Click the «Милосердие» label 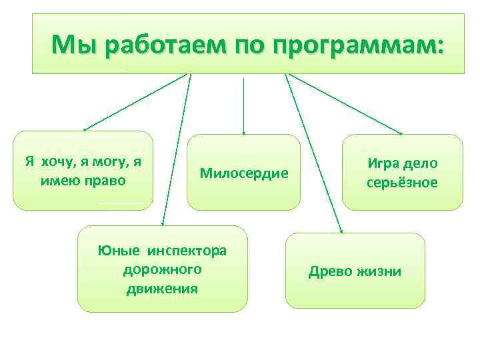pos(244,173)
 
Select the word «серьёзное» pos(402,182)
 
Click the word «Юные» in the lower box pos(119,251)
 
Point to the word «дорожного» pos(162,269)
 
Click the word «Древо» pos(331,271)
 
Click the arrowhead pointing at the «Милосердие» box pos(244,132)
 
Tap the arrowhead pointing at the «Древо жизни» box pos(341,230)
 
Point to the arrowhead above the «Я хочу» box pos(85,128)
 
